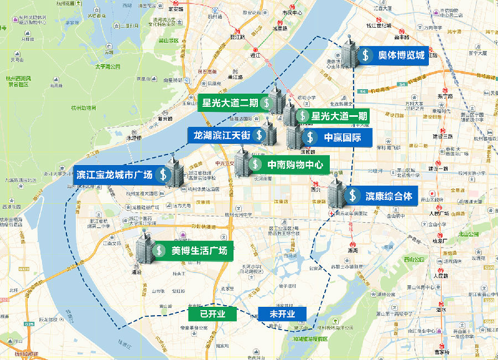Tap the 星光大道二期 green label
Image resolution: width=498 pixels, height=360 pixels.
(230, 102)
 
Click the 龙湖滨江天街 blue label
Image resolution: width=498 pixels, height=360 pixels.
(221, 135)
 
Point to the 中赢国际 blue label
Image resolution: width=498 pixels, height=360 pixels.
(342, 137)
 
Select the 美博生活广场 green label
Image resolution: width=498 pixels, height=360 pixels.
(199, 250)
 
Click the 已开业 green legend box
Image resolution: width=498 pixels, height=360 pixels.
(212, 313)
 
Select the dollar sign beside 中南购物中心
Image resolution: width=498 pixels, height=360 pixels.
(255, 164)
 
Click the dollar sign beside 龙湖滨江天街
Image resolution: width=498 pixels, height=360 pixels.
(259, 135)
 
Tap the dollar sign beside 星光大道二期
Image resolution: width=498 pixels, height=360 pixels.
(266, 102)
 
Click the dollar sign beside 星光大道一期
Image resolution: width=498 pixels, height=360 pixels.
(303, 116)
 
